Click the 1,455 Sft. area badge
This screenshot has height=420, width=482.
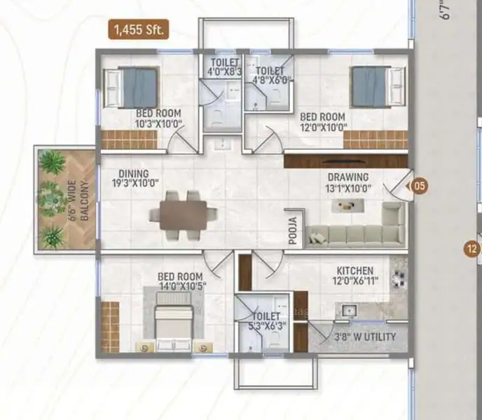point(138,29)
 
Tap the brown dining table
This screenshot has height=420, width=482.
point(184,215)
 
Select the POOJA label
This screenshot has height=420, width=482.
point(294,230)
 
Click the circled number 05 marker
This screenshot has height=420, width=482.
point(420,185)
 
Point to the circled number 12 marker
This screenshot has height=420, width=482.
point(472,248)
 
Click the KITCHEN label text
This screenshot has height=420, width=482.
point(355,271)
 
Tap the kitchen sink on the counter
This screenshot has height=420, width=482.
point(349,310)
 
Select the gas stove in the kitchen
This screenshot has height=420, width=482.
point(399,279)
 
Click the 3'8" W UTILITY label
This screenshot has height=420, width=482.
point(365,337)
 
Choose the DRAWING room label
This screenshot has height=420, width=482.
point(348,177)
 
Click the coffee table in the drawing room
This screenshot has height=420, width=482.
point(348,206)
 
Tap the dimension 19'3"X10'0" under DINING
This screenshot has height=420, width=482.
point(135,183)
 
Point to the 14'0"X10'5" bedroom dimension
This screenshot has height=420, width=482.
point(182,286)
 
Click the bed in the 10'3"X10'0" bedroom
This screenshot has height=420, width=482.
point(132,87)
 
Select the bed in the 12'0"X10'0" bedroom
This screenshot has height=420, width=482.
point(379,87)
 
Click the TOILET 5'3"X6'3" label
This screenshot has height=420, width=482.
point(266,321)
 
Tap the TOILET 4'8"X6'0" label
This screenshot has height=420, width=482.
point(271,76)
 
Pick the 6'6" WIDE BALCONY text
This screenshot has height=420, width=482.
point(78,200)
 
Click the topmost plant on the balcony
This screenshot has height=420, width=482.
point(53,161)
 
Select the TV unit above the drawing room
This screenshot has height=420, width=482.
point(346,161)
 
